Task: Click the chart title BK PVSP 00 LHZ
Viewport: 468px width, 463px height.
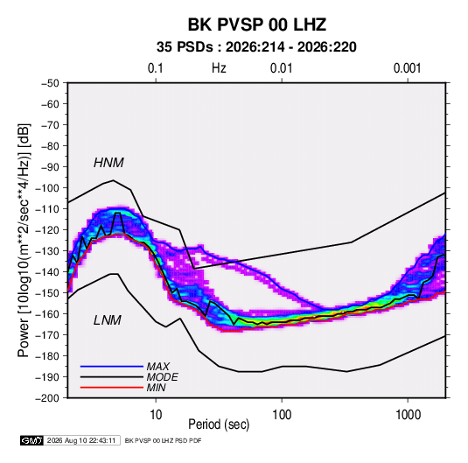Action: tap(257, 25)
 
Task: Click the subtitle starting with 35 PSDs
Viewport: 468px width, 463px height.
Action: tap(256, 47)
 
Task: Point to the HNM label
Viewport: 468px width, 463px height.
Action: tap(108, 163)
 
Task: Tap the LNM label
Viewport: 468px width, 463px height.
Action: tap(108, 320)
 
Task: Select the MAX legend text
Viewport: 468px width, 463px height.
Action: tap(157, 367)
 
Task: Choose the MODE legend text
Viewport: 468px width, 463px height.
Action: tap(163, 377)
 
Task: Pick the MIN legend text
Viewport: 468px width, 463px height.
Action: tap(156, 388)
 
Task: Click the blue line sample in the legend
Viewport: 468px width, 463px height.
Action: tap(112, 367)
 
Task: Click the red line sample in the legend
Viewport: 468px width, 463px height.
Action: tap(112, 388)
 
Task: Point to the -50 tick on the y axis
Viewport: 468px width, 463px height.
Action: tap(50, 83)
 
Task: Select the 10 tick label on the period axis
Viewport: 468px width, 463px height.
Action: tap(156, 414)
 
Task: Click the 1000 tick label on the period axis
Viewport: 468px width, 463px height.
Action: tap(408, 414)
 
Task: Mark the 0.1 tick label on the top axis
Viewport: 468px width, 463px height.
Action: tap(156, 68)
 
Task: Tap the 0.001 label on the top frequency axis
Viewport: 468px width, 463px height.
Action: tap(407, 68)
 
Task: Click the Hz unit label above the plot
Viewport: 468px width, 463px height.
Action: tap(219, 68)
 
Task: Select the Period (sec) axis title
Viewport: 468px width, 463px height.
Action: tap(219, 424)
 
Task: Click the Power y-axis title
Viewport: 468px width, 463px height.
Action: tap(24, 240)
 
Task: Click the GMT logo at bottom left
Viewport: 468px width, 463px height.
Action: tap(32, 440)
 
